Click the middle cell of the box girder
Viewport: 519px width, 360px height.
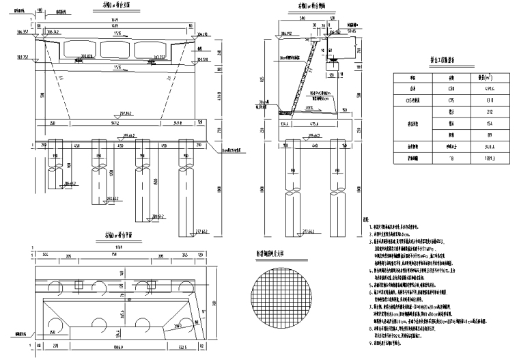pos(113,49)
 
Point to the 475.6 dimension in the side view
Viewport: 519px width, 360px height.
pos(315,124)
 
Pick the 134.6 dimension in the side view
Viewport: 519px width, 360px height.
pos(285,124)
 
